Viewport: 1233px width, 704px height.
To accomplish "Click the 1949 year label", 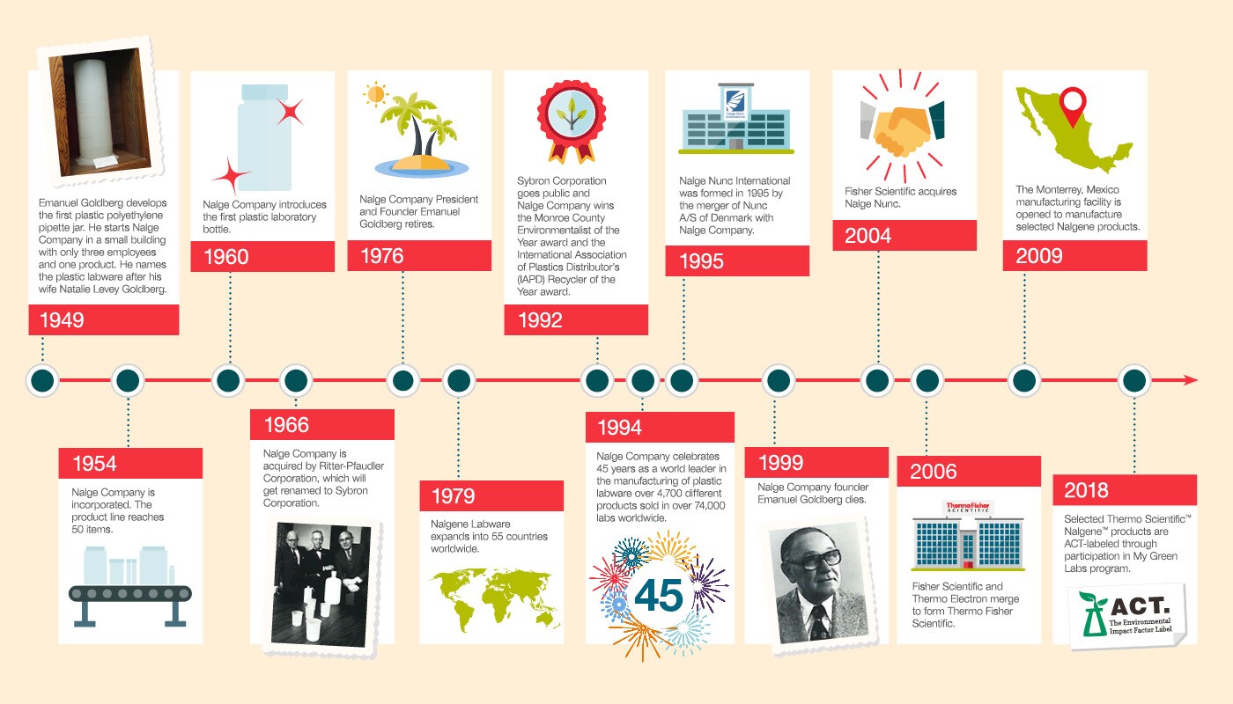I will pyautogui.click(x=62, y=319).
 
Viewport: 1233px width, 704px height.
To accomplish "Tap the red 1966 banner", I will pyautogui.click(x=321, y=425).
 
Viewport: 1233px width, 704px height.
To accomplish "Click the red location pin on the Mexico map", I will pyautogui.click(x=1072, y=106).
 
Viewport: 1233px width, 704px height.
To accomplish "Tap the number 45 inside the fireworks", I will pyautogui.click(x=658, y=596).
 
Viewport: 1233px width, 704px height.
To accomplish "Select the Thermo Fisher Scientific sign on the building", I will pyautogui.click(x=967, y=510).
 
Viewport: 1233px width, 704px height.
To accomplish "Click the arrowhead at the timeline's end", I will pyautogui.click(x=1191, y=380).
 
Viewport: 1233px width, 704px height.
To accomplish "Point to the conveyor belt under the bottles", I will pyautogui.click(x=129, y=594).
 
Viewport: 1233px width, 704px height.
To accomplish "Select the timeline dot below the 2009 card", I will pyautogui.click(x=1023, y=381).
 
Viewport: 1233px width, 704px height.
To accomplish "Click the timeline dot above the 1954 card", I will pyautogui.click(x=129, y=381).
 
